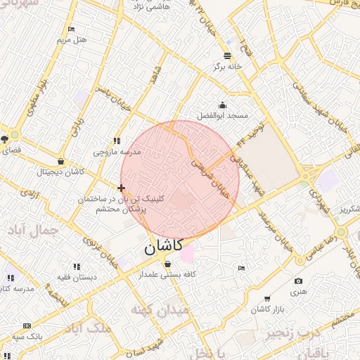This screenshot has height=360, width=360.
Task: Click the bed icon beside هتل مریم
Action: (71, 29)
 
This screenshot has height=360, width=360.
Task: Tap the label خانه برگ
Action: (229, 67)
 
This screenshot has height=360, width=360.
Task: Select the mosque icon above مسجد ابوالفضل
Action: (223, 105)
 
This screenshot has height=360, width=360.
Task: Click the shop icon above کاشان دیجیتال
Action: (61, 161)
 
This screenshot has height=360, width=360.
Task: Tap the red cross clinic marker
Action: (122, 188)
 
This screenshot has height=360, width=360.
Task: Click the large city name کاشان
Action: (163, 247)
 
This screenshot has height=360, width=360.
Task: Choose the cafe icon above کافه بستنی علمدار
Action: (167, 264)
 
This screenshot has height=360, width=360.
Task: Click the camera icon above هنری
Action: (299, 281)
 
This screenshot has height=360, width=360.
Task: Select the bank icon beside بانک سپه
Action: (27, 326)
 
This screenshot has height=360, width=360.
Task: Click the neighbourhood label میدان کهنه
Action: (160, 309)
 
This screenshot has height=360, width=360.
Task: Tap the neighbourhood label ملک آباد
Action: (91, 328)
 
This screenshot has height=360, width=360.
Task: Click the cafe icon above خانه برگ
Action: (227, 56)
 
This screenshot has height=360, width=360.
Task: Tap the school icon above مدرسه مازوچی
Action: (117, 141)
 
